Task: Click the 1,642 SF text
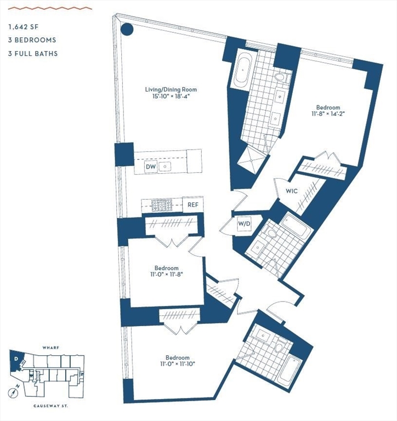[23, 26]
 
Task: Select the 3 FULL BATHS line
[33, 54]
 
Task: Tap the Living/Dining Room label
[171, 89]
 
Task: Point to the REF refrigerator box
[193, 205]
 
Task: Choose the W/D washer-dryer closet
[244, 224]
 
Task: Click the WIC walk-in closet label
[291, 191]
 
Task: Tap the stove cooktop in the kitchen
[162, 205]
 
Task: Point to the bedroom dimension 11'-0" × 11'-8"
[167, 276]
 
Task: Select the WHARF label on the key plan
[50, 348]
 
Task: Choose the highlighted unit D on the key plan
[16, 360]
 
